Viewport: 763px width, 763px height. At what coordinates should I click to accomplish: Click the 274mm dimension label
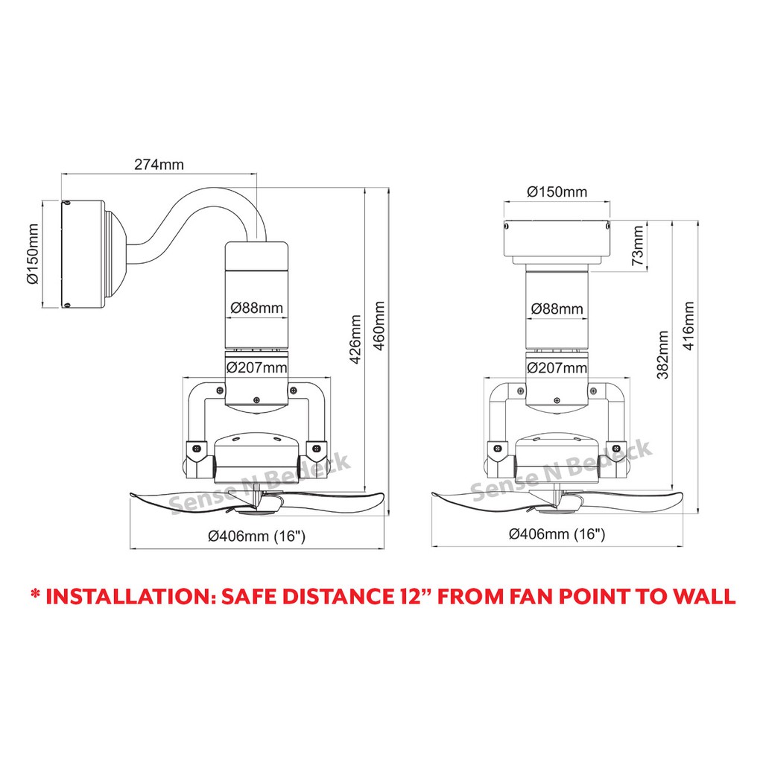point(159,165)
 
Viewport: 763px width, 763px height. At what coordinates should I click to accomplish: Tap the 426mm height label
point(355,339)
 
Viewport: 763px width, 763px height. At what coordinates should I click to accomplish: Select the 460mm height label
point(379,326)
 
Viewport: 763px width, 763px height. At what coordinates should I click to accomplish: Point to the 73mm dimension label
point(638,245)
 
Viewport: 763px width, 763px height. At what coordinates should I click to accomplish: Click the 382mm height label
point(662,355)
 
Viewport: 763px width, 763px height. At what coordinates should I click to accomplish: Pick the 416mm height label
point(688,326)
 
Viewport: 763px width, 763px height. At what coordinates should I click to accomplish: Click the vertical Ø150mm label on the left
point(33,254)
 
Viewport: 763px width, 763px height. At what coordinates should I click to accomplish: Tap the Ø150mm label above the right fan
point(557,191)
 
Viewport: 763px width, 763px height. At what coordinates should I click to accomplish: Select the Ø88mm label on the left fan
point(256,308)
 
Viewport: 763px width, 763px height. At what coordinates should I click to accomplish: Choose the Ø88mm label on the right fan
point(557,308)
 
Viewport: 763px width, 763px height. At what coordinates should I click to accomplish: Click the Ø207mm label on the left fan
point(256,367)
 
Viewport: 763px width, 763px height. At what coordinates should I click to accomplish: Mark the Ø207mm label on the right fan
point(557,367)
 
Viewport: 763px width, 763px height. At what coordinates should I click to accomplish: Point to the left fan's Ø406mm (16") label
point(256,536)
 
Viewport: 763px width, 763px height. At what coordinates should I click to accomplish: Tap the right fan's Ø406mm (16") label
point(557,534)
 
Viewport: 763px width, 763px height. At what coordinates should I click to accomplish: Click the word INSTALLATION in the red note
point(130,597)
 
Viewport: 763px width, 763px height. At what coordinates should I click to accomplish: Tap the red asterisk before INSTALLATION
point(35,593)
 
